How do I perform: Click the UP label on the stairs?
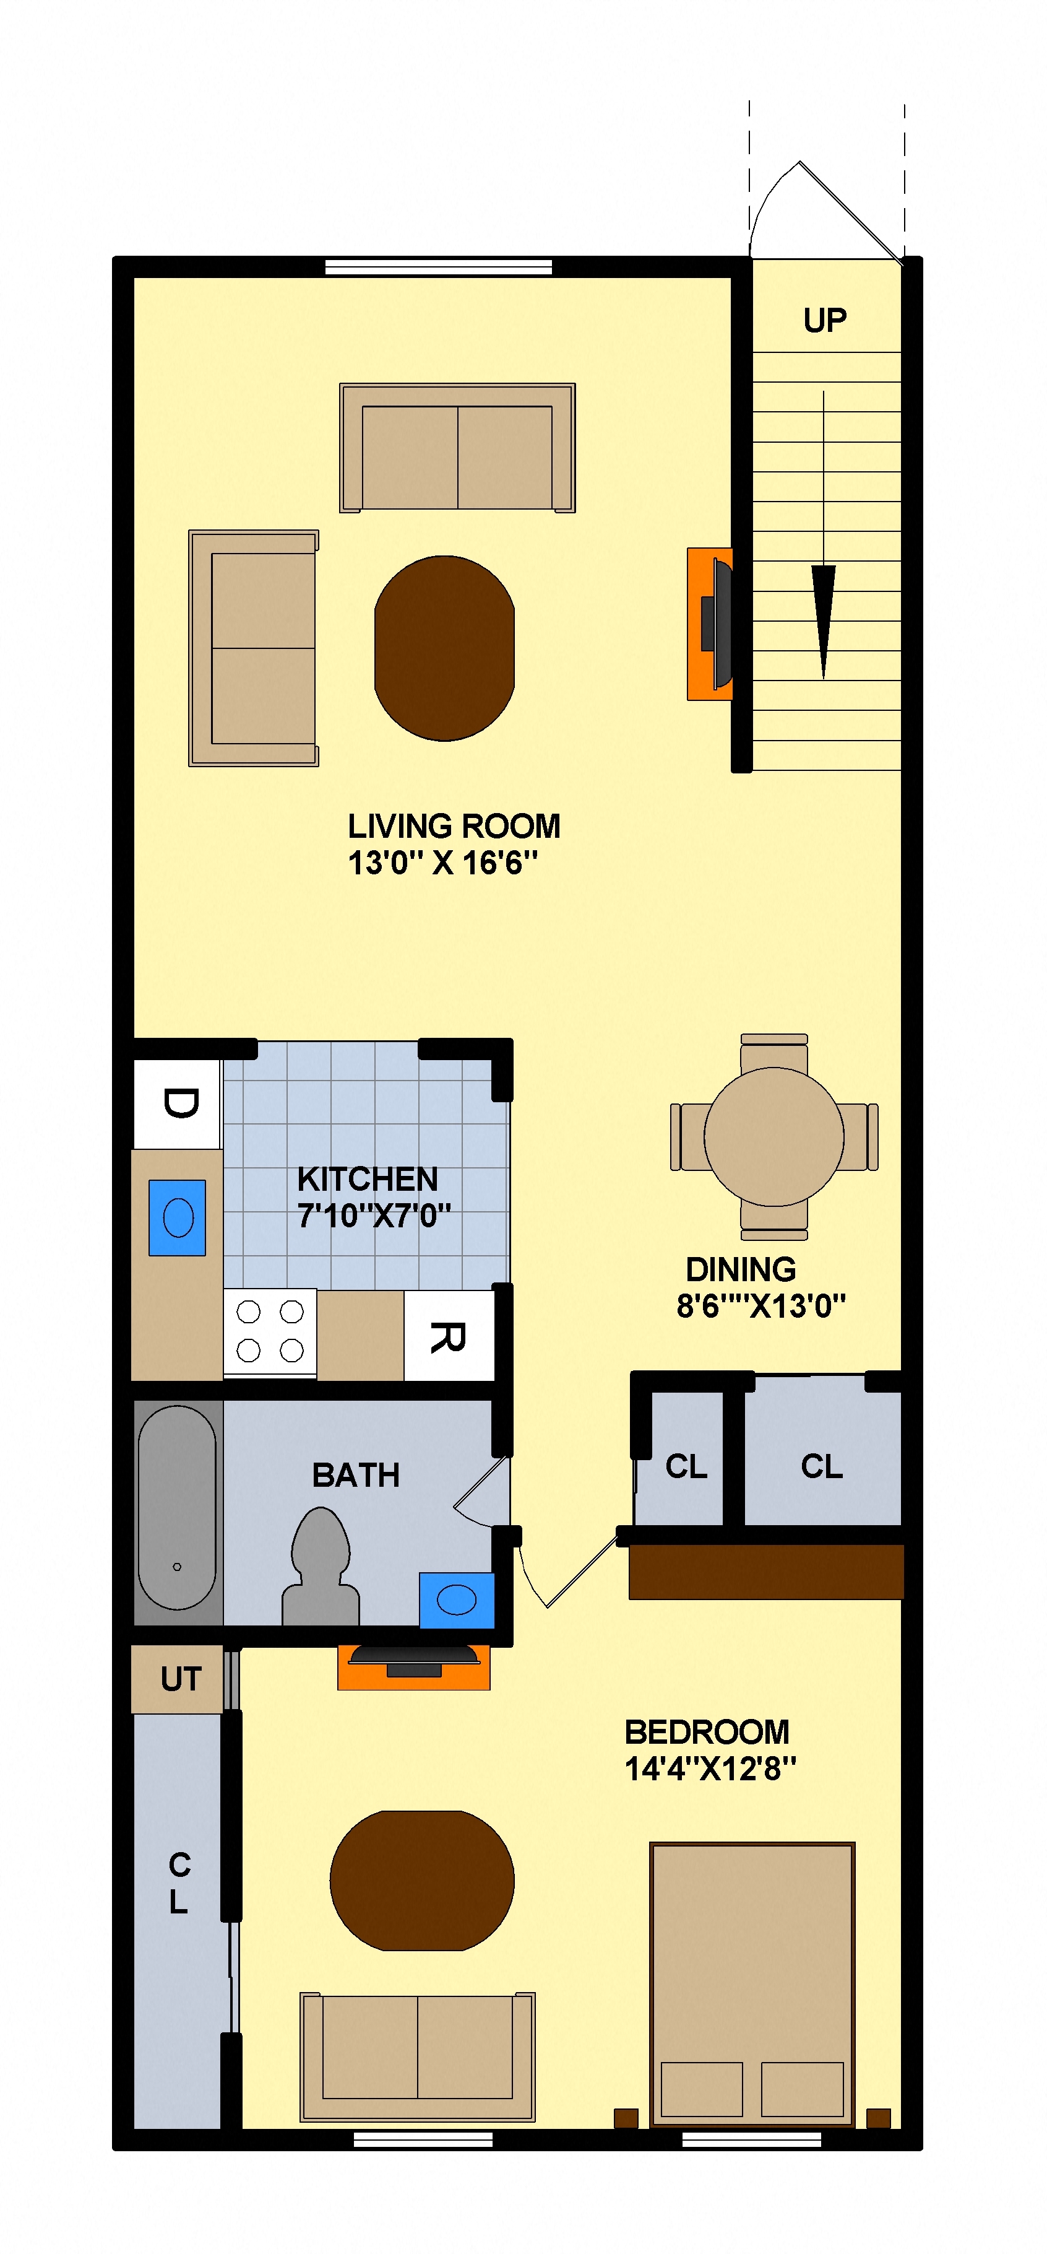tap(824, 320)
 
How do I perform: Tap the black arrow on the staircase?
tap(823, 612)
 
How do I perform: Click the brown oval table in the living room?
tap(444, 648)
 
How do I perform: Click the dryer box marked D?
tap(178, 1103)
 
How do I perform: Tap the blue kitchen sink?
tap(178, 1218)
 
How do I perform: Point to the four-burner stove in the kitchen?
tap(269, 1331)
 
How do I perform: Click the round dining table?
tap(773, 1137)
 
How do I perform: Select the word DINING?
tap(740, 1269)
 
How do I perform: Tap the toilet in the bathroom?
tap(320, 1566)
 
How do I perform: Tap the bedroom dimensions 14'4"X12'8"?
tap(710, 1769)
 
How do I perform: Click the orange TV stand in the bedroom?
tap(414, 1667)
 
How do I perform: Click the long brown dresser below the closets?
tap(765, 1572)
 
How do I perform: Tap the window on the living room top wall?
tap(438, 267)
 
